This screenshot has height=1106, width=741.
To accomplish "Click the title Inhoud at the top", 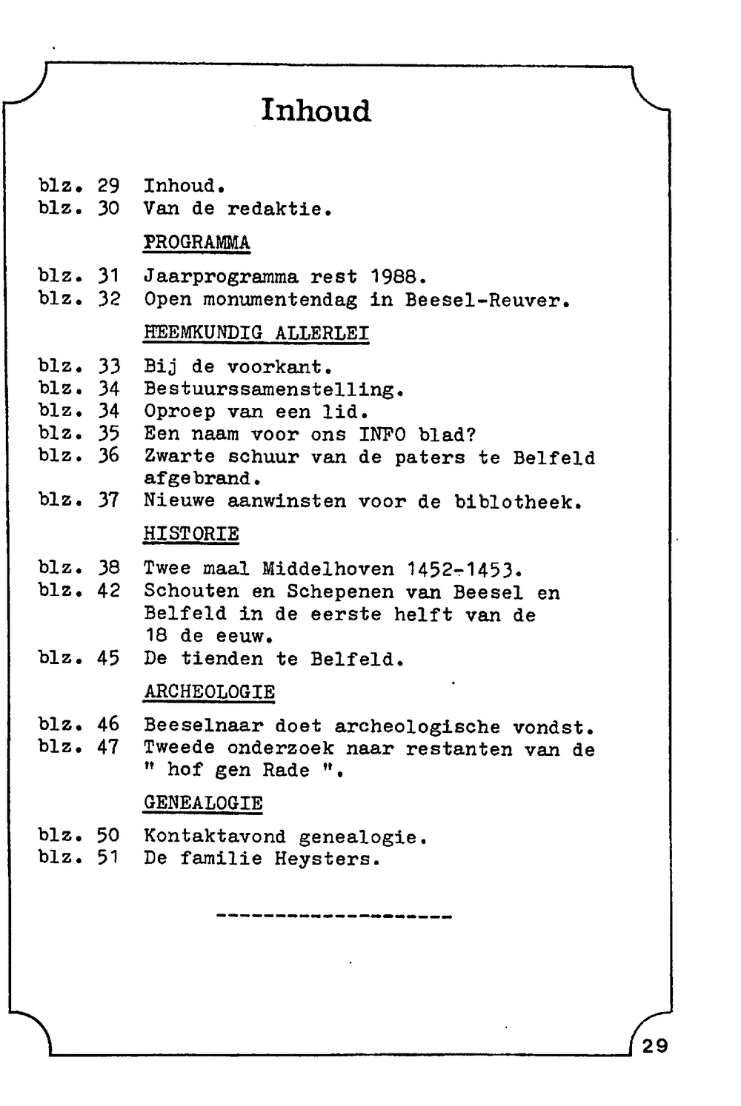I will coord(316,110).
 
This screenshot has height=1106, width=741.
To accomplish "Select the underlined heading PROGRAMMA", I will coord(196,243).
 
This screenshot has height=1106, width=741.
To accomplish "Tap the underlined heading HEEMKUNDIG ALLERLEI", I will coord(256,333).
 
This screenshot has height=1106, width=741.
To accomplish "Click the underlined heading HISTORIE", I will coord(191,534).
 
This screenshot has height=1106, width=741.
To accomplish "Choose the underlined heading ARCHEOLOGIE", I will coord(209,692).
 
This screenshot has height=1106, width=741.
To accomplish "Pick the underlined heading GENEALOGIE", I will coord(203,803).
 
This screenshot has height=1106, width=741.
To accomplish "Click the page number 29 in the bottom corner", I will coord(654,1045).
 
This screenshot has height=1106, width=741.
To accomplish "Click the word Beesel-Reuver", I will coord(487,300).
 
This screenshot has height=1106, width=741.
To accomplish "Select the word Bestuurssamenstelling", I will coord(274,389).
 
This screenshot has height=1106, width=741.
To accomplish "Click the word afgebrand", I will coord(202,478).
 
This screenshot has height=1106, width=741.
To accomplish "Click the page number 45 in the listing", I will coord(108,658).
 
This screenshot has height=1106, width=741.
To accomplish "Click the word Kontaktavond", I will coord(215,837).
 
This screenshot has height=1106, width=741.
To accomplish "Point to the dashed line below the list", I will coord(334,917).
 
